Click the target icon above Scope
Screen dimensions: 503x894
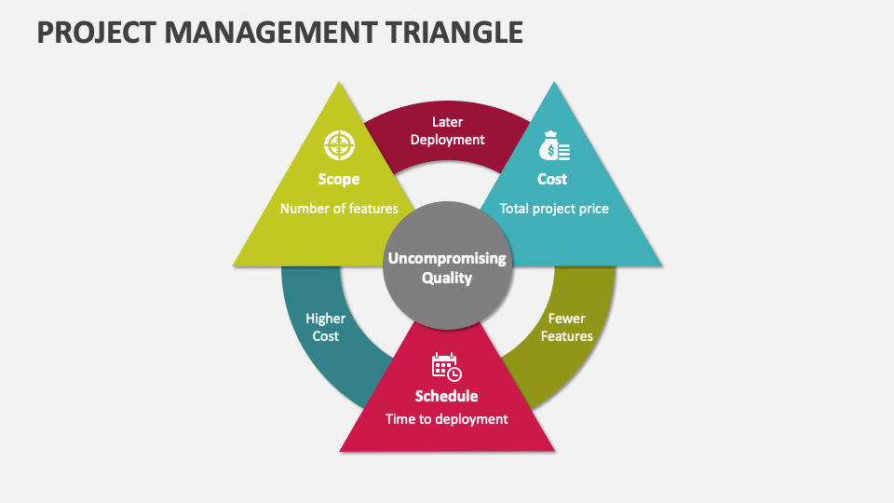[339, 145]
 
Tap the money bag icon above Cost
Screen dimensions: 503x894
[553, 146]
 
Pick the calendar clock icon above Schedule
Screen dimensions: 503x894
[446, 366]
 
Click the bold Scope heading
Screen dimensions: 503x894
[339, 179]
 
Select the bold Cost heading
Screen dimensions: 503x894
[552, 179]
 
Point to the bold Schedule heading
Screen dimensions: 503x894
[447, 396]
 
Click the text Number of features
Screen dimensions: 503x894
[339, 209]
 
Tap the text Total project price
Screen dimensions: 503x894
[554, 209]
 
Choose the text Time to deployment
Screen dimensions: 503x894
[447, 419]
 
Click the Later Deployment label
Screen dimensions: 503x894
[448, 130]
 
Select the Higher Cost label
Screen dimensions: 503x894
[326, 327]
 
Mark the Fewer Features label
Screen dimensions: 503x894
[567, 327]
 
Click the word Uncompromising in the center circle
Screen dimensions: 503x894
[447, 258]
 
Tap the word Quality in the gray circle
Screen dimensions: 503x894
[447, 278]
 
